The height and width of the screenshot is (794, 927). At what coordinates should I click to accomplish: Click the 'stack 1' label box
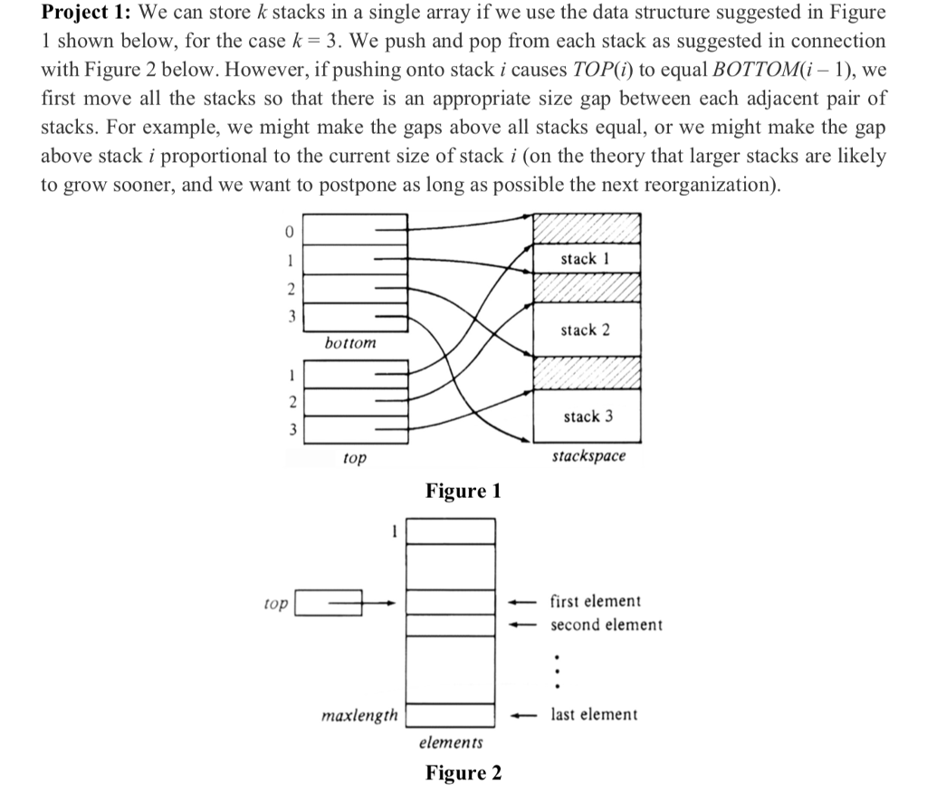click(586, 260)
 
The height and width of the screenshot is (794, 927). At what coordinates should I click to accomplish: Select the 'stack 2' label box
click(586, 330)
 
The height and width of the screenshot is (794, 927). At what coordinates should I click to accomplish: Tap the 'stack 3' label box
click(586, 416)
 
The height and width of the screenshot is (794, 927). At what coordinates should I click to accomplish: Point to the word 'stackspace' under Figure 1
click(588, 456)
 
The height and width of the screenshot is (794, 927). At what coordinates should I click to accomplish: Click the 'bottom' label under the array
click(350, 344)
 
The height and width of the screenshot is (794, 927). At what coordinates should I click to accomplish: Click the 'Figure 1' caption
click(463, 491)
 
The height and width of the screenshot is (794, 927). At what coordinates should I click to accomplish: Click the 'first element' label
click(596, 601)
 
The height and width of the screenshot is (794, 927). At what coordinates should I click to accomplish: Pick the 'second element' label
click(607, 625)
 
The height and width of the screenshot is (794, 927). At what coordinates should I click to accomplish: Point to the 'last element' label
click(594, 714)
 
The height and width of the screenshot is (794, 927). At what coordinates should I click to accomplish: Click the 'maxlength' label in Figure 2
click(359, 715)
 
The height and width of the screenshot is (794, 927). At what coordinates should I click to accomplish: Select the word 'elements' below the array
click(450, 742)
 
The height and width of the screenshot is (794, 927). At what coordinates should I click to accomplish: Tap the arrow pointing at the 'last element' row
click(522, 714)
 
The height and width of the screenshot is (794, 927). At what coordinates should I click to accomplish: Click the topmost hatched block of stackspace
click(586, 227)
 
